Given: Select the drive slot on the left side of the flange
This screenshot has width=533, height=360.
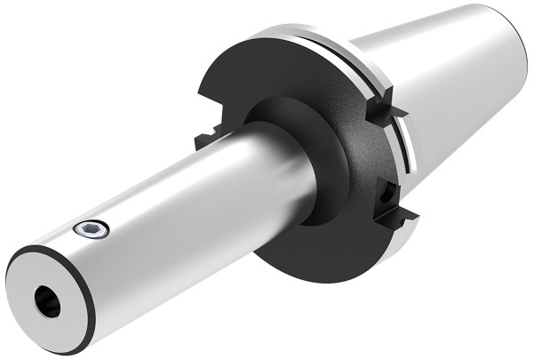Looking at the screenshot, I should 206,140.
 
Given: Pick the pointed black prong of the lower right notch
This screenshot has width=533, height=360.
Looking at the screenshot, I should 410,213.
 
